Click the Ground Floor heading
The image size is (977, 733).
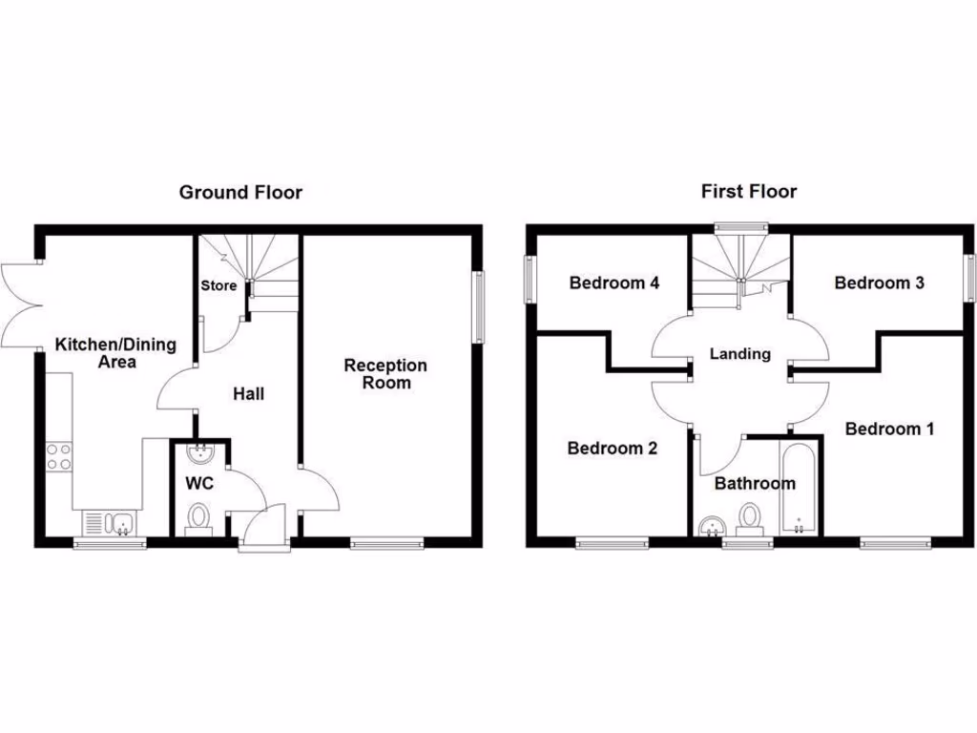tap(240, 193)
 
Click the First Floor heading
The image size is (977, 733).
tap(749, 192)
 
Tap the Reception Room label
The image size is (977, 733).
tap(385, 374)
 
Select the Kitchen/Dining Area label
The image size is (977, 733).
tap(115, 353)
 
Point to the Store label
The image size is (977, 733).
tap(218, 285)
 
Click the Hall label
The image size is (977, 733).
tap(248, 393)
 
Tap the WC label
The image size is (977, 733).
tap(200, 483)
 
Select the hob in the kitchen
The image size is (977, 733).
tap(57, 456)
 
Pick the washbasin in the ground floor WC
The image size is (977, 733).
tap(199, 451)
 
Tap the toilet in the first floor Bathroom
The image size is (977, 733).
tap(751, 518)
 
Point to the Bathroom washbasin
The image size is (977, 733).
tap(710, 528)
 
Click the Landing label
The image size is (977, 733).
tap(740, 354)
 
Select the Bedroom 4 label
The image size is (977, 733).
tap(614, 283)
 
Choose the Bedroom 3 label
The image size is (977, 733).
tap(879, 283)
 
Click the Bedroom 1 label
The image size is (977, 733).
tap(889, 429)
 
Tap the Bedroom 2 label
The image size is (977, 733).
tap(612, 448)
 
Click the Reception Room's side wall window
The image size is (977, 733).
tap(478, 305)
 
